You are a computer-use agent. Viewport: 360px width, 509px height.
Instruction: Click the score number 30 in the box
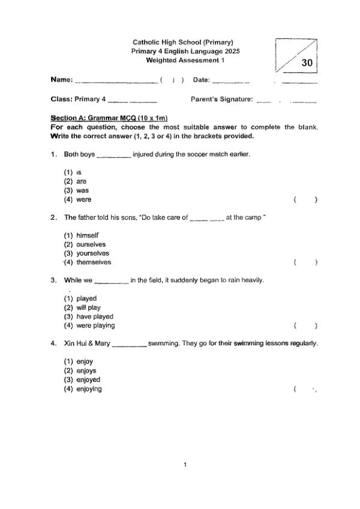307,62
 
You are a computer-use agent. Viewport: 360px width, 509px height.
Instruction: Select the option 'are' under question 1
82,181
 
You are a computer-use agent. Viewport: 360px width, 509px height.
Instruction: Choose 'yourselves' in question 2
92,253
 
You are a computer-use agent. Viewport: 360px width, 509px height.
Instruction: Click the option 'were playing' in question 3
95,326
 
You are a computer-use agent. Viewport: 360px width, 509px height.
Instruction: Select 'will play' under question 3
88,308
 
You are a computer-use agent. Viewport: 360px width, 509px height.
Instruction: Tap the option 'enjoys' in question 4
86,371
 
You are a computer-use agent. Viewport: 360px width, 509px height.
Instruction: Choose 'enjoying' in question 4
89,389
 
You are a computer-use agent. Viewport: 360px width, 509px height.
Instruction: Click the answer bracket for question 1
305,200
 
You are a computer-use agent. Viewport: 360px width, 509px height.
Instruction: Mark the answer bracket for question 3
305,326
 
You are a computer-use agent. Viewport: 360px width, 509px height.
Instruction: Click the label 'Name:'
62,80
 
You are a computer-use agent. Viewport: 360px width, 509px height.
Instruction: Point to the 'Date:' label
201,80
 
